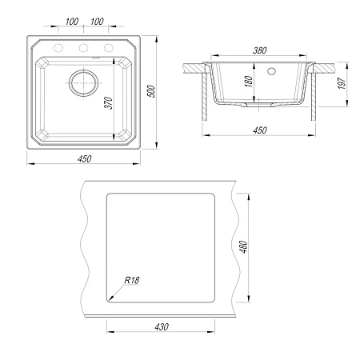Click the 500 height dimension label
point(151,91)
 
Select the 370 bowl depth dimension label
point(109,103)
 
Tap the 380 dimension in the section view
point(259,50)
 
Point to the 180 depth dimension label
point(248,82)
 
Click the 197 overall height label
point(342,83)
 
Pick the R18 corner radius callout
point(132,280)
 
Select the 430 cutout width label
point(162,326)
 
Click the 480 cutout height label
point(244,246)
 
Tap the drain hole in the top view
point(83,82)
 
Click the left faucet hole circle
point(58,48)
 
